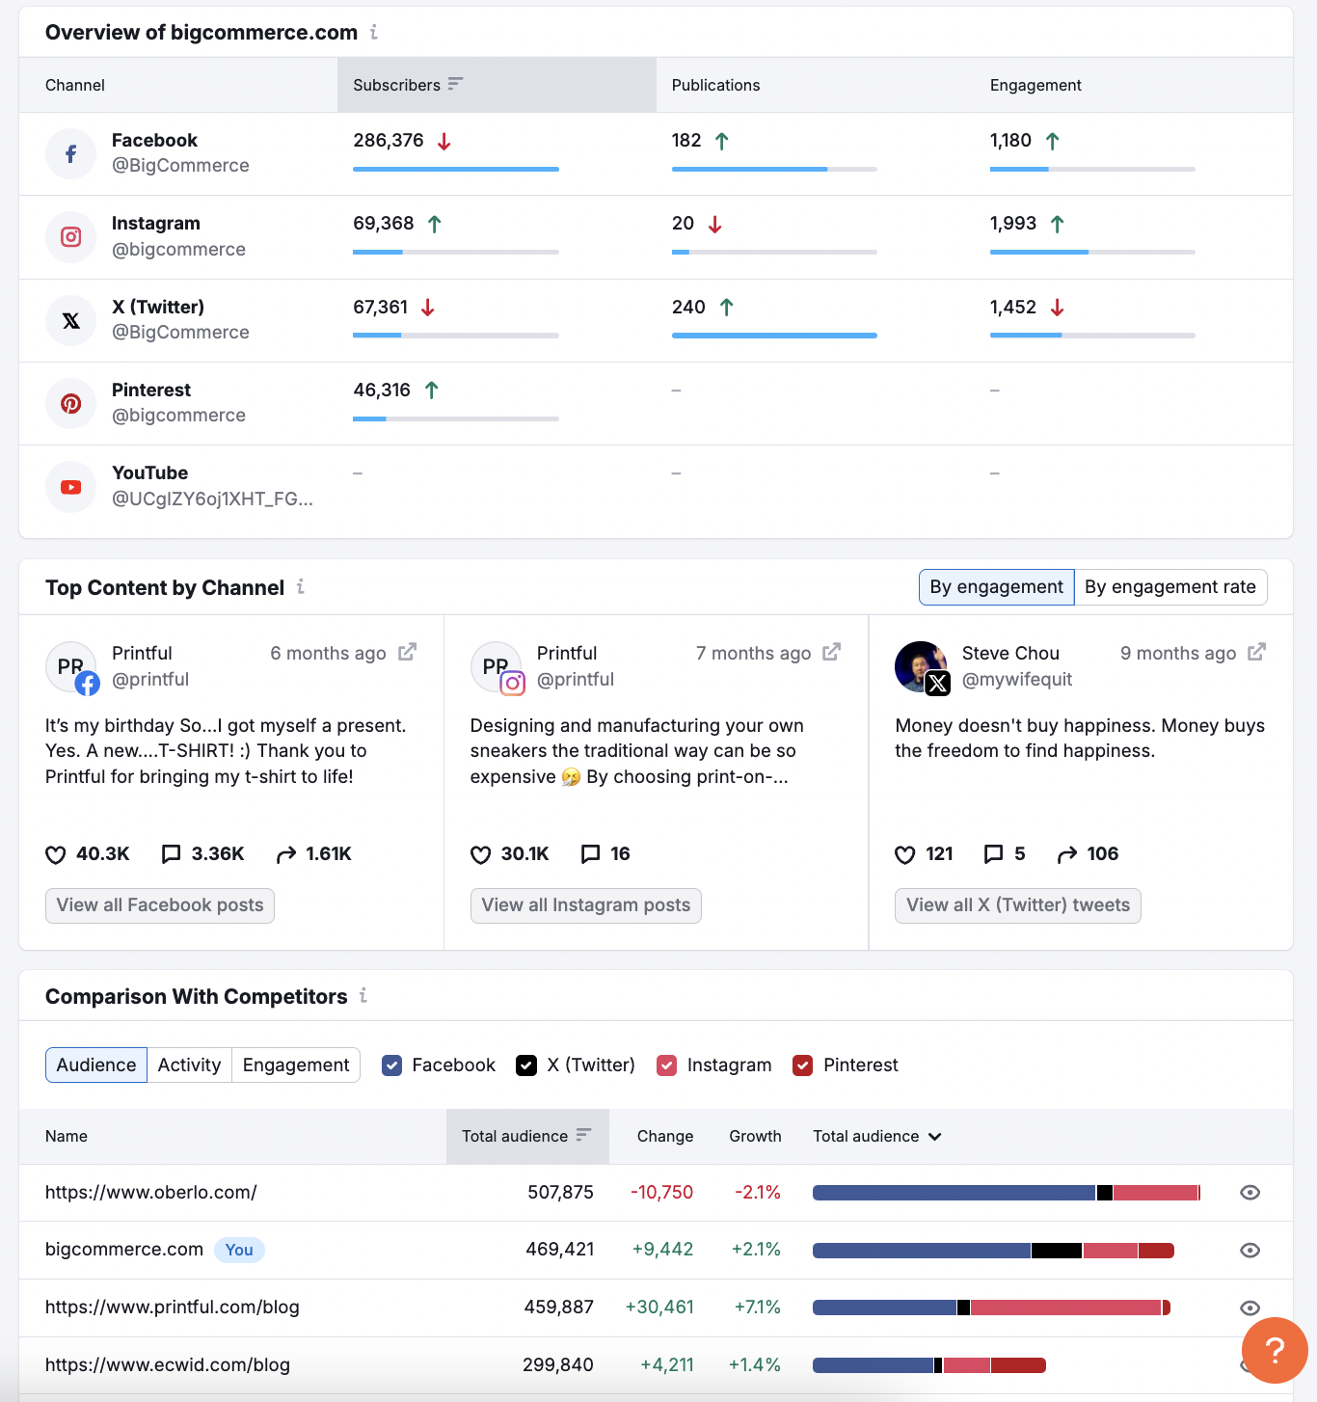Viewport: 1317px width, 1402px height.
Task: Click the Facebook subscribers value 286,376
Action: pyautogui.click(x=389, y=141)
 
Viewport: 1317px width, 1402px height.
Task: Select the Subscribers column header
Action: pyautogui.click(x=397, y=85)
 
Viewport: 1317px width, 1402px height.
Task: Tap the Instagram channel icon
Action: pyautogui.click(x=71, y=237)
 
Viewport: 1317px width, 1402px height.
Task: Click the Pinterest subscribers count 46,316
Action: pyautogui.click(x=382, y=391)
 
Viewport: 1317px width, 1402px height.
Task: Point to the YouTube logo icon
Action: pyautogui.click(x=71, y=487)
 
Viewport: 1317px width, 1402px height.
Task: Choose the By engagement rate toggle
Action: pyautogui.click(x=1169, y=587)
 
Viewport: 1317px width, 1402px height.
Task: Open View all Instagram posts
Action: pyautogui.click(x=585, y=905)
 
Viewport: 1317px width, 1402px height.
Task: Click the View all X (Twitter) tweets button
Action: pyautogui.click(x=1017, y=905)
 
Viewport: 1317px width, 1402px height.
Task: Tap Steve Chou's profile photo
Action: pyautogui.click(x=919, y=664)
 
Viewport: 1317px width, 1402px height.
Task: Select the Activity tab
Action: pyautogui.click(x=189, y=1065)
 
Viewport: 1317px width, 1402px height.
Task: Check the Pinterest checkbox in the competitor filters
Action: pyautogui.click(x=802, y=1065)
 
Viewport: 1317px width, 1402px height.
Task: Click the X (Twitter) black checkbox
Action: pyautogui.click(x=526, y=1065)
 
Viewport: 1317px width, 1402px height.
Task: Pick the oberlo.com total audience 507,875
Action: pyautogui.click(x=560, y=1193)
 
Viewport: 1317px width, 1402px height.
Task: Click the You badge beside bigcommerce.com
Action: pyautogui.click(x=239, y=1251)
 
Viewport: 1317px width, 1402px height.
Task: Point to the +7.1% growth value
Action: pyautogui.click(x=757, y=1308)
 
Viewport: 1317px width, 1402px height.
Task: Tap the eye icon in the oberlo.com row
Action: pyautogui.click(x=1250, y=1193)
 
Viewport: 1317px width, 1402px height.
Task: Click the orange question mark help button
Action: pyautogui.click(x=1275, y=1351)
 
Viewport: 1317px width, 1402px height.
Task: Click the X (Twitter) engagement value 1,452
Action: pyautogui.click(x=1012, y=308)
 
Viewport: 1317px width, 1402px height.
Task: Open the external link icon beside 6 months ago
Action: pyautogui.click(x=408, y=653)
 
